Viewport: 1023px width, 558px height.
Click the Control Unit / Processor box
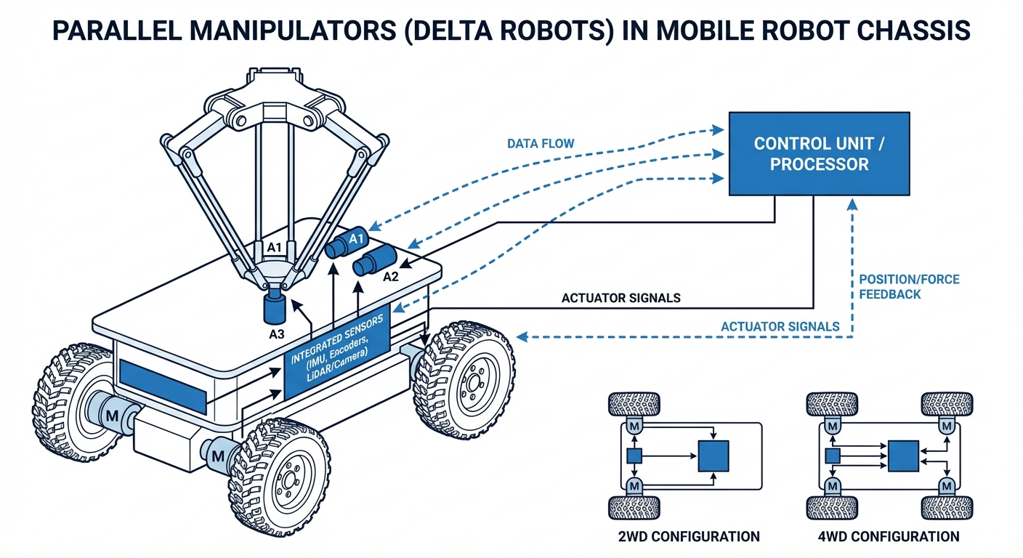(819, 153)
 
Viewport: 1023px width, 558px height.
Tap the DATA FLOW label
(541, 144)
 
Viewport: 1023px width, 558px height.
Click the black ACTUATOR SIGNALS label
(621, 298)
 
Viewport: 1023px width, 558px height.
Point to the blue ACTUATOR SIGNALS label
(780, 326)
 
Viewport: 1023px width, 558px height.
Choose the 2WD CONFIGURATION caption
(685, 537)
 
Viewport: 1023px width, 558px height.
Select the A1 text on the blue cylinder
(355, 239)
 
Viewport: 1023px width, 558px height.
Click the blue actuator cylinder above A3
(275, 306)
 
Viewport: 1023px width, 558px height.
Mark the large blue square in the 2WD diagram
(713, 456)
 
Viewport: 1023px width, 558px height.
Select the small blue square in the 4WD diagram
(833, 456)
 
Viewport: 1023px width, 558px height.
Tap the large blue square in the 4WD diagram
(903, 456)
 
